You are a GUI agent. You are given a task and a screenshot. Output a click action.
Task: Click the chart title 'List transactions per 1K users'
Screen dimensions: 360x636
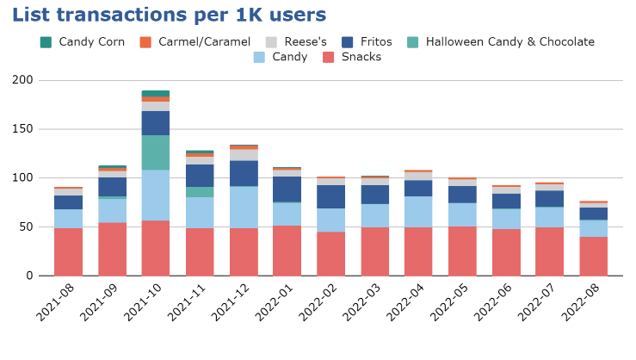click(169, 16)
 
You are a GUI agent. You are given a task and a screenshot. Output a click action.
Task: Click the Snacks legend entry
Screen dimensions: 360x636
click(361, 58)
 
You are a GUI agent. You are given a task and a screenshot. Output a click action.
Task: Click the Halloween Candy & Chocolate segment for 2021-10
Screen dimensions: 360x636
click(156, 152)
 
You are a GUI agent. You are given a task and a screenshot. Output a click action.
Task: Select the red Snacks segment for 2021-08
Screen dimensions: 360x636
click(68, 251)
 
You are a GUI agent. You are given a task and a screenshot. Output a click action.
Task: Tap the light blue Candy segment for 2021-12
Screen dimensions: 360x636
click(244, 207)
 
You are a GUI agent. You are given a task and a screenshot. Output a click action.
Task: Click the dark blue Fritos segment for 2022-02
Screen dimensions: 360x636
click(331, 196)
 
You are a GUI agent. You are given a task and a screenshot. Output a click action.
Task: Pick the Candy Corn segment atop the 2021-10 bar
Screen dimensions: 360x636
click(156, 93)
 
